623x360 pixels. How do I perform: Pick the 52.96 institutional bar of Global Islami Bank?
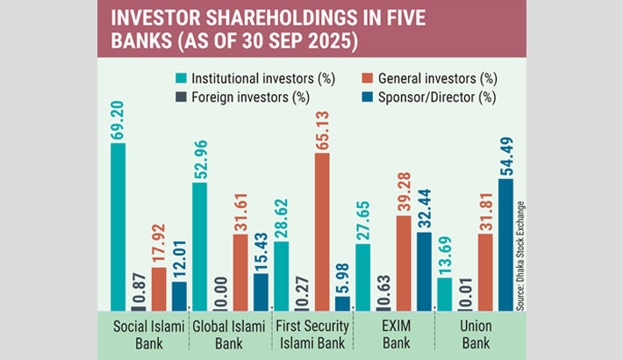(x=199, y=247)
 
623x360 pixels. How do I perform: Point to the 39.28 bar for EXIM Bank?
(x=403, y=263)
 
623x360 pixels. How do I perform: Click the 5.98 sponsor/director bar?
(x=342, y=303)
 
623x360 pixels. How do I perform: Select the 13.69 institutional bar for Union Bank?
(x=444, y=294)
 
